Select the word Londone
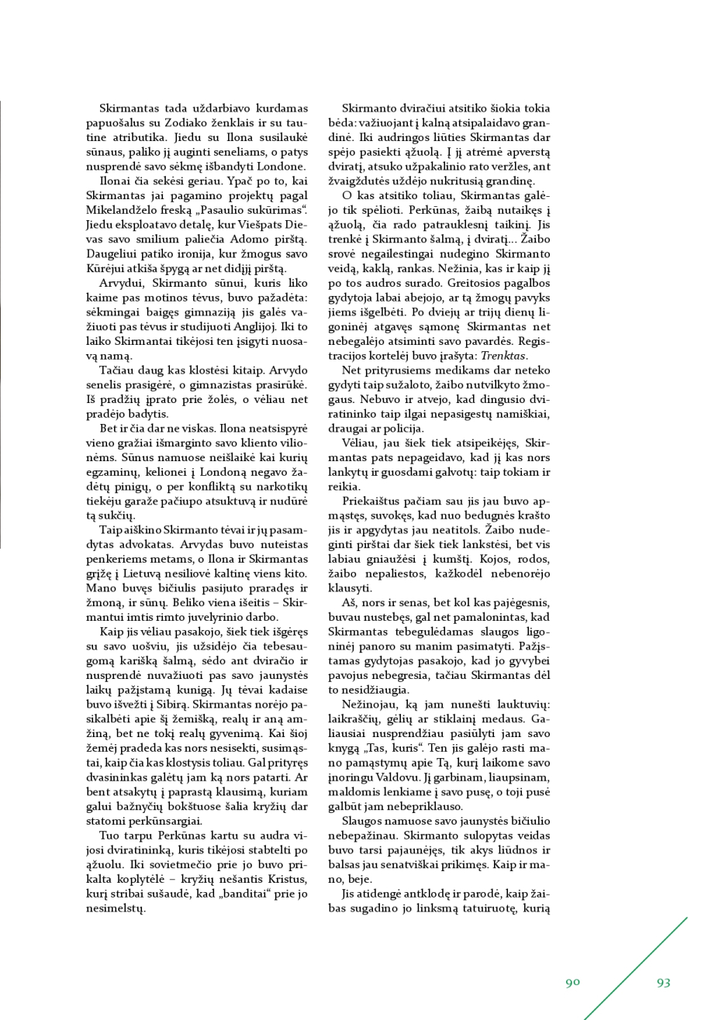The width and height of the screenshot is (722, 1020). point(282,167)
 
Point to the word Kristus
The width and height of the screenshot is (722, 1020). point(287,879)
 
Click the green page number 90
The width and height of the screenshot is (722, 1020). point(572,983)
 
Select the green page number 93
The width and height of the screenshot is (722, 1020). point(663,983)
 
